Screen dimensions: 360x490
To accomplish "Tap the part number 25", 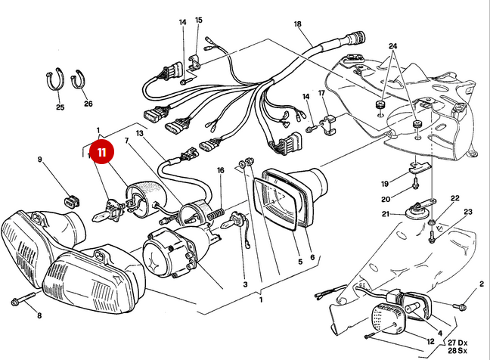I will (60, 107).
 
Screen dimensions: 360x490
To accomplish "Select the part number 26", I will (88, 104).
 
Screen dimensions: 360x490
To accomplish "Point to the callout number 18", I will (297, 24).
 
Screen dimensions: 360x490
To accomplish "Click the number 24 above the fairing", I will (392, 46).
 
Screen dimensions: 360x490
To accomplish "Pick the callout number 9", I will (41, 160).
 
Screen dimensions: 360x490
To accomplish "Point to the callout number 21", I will (405, 215).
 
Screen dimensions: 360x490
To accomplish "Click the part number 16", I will (220, 171).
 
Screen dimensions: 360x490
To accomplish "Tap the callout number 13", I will (139, 133).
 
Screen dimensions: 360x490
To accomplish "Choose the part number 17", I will (321, 93).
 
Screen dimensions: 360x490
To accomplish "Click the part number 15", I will (199, 20).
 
